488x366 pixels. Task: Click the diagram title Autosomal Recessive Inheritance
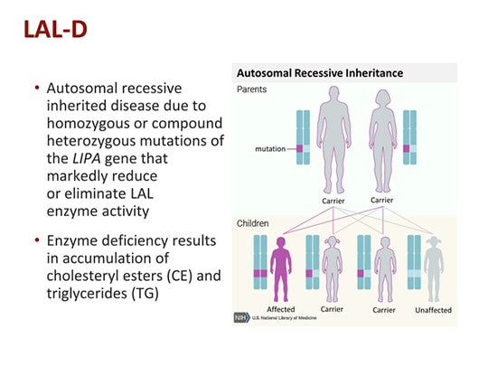[319, 72]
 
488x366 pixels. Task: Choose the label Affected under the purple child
[281, 310]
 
